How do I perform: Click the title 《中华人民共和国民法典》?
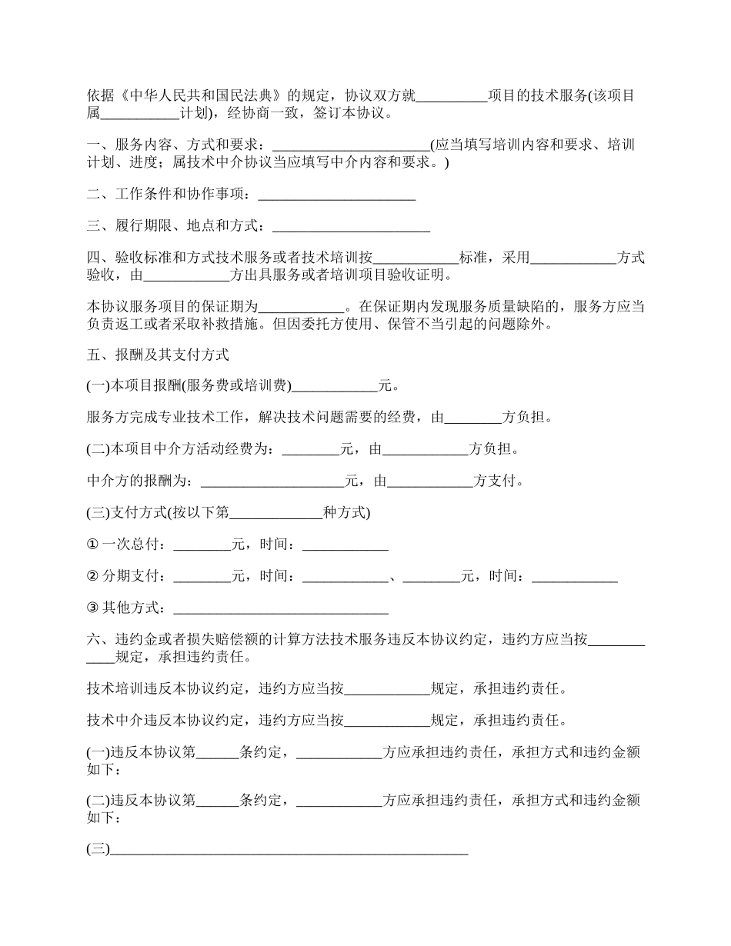point(203,96)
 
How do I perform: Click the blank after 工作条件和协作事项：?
point(337,195)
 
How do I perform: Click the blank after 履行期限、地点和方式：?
point(351,226)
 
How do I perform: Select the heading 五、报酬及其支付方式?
point(158,355)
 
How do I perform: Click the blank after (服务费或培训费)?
point(335,386)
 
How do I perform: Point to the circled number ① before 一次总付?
point(93,545)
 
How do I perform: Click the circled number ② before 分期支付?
point(93,576)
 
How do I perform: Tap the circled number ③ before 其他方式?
point(93,608)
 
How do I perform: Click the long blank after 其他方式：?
point(281,608)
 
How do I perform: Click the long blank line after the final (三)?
point(289,849)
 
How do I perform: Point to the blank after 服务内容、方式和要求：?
point(352,145)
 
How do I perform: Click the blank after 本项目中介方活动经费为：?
point(311,449)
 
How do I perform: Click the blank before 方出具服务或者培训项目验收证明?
point(187,275)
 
